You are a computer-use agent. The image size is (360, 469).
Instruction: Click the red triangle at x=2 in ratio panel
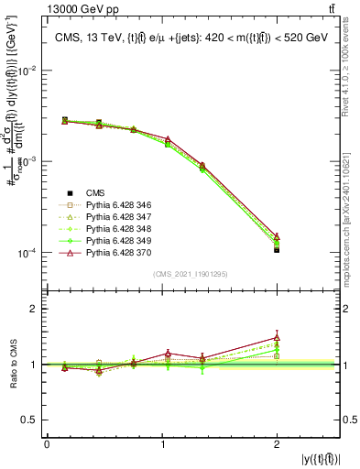pyautogui.click(x=277, y=337)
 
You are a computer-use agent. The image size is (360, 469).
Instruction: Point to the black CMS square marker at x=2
pyautogui.click(x=277, y=249)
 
